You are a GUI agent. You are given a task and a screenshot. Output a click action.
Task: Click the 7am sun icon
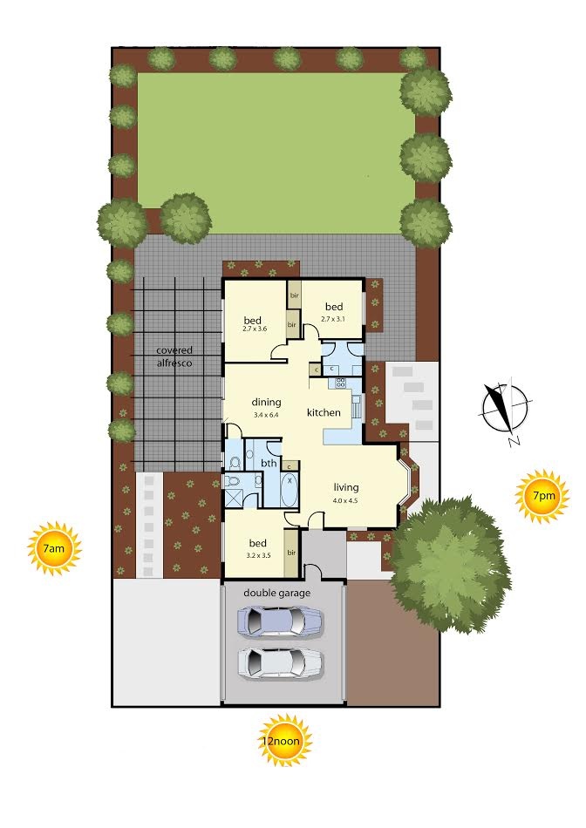pyautogui.click(x=54, y=547)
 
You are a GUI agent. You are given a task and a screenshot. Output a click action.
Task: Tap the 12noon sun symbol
pyautogui.click(x=286, y=740)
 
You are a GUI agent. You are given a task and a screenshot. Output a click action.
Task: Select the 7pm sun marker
pyautogui.click(x=542, y=496)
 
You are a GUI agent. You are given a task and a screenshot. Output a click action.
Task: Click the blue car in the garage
pyautogui.click(x=280, y=621)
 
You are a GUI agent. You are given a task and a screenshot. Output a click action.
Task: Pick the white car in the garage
pyautogui.click(x=280, y=662)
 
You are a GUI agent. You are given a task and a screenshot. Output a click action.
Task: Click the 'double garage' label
pyautogui.click(x=277, y=593)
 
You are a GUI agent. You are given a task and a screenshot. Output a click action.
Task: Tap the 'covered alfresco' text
pyautogui.click(x=174, y=356)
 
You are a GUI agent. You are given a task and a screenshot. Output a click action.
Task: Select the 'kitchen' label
pyautogui.click(x=324, y=412)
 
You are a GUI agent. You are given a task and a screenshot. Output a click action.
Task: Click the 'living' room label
pyautogui.click(x=346, y=487)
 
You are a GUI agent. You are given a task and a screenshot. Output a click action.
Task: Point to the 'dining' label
pyautogui.click(x=266, y=403)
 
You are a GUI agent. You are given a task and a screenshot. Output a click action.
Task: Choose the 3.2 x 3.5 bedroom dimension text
pyautogui.click(x=258, y=555)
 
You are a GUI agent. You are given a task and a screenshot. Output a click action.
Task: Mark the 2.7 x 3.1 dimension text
pyautogui.click(x=333, y=318)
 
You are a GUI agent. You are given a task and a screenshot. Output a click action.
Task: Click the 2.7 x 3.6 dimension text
pyautogui.click(x=255, y=329)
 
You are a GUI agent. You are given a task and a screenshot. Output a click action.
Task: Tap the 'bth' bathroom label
pyautogui.click(x=269, y=463)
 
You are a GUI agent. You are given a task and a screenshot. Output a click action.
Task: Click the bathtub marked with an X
pyautogui.click(x=290, y=490)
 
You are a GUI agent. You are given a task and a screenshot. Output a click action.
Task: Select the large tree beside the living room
pyautogui.click(x=451, y=565)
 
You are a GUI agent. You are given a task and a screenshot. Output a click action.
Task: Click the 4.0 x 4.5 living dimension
pyautogui.click(x=345, y=500)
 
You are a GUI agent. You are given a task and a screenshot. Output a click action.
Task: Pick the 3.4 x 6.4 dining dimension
pyautogui.click(x=266, y=415)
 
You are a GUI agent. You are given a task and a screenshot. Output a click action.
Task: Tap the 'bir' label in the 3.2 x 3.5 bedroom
pyautogui.click(x=291, y=553)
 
